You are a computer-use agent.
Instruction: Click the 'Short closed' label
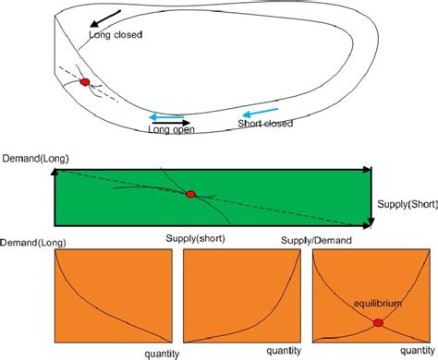click(265, 124)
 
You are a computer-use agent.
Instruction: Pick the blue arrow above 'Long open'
click(167, 115)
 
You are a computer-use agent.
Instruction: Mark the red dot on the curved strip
click(85, 82)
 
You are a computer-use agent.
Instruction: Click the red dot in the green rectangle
click(191, 194)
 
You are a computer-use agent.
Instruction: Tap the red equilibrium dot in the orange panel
click(378, 322)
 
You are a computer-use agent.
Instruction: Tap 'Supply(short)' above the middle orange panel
click(196, 238)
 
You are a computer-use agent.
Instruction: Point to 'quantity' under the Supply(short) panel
click(282, 353)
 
